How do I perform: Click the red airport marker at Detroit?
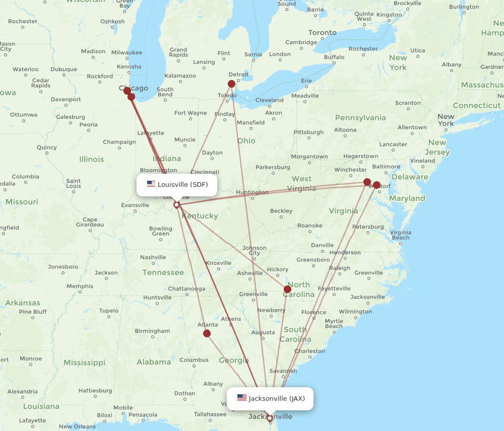231,84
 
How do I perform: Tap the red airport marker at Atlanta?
207,333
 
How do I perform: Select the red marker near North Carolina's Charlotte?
287,289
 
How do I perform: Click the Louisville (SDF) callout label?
177,185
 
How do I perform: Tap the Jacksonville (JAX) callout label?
270,398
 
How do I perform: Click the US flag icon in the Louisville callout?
151,184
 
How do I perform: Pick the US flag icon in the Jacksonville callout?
242,398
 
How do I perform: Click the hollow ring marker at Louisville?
176,205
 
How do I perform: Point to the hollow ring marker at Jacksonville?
270,418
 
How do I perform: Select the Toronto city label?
322,33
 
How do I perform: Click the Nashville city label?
153,257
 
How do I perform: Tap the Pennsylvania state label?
360,118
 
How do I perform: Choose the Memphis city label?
80,286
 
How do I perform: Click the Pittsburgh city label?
309,132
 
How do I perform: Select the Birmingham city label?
152,331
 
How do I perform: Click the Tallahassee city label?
210,414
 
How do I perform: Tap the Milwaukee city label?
127,52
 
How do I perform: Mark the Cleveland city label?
269,100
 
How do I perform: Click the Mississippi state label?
84,363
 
